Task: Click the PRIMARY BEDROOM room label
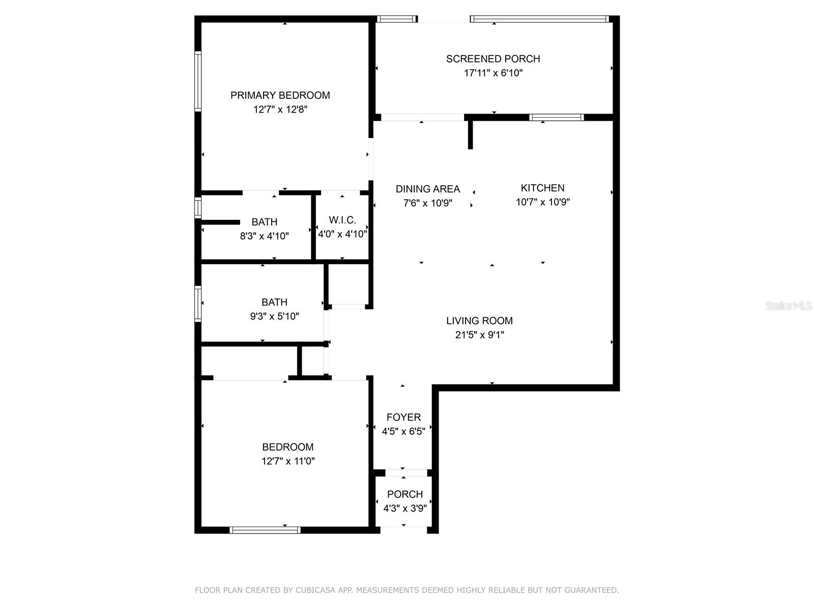280,95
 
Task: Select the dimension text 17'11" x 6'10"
493,73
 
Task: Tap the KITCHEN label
542,188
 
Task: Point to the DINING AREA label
427,189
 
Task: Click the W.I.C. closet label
342,220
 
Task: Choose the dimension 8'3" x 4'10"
264,236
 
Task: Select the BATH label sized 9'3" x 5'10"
274,302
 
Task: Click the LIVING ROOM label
479,321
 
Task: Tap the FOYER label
403,418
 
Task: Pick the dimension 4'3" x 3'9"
404,508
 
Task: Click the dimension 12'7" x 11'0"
287,461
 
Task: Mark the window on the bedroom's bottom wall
265,530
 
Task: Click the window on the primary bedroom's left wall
198,81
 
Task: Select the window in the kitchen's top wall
556,117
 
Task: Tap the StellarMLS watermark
788,306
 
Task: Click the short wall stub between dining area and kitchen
470,133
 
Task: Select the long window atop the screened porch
539,19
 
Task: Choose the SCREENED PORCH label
493,59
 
